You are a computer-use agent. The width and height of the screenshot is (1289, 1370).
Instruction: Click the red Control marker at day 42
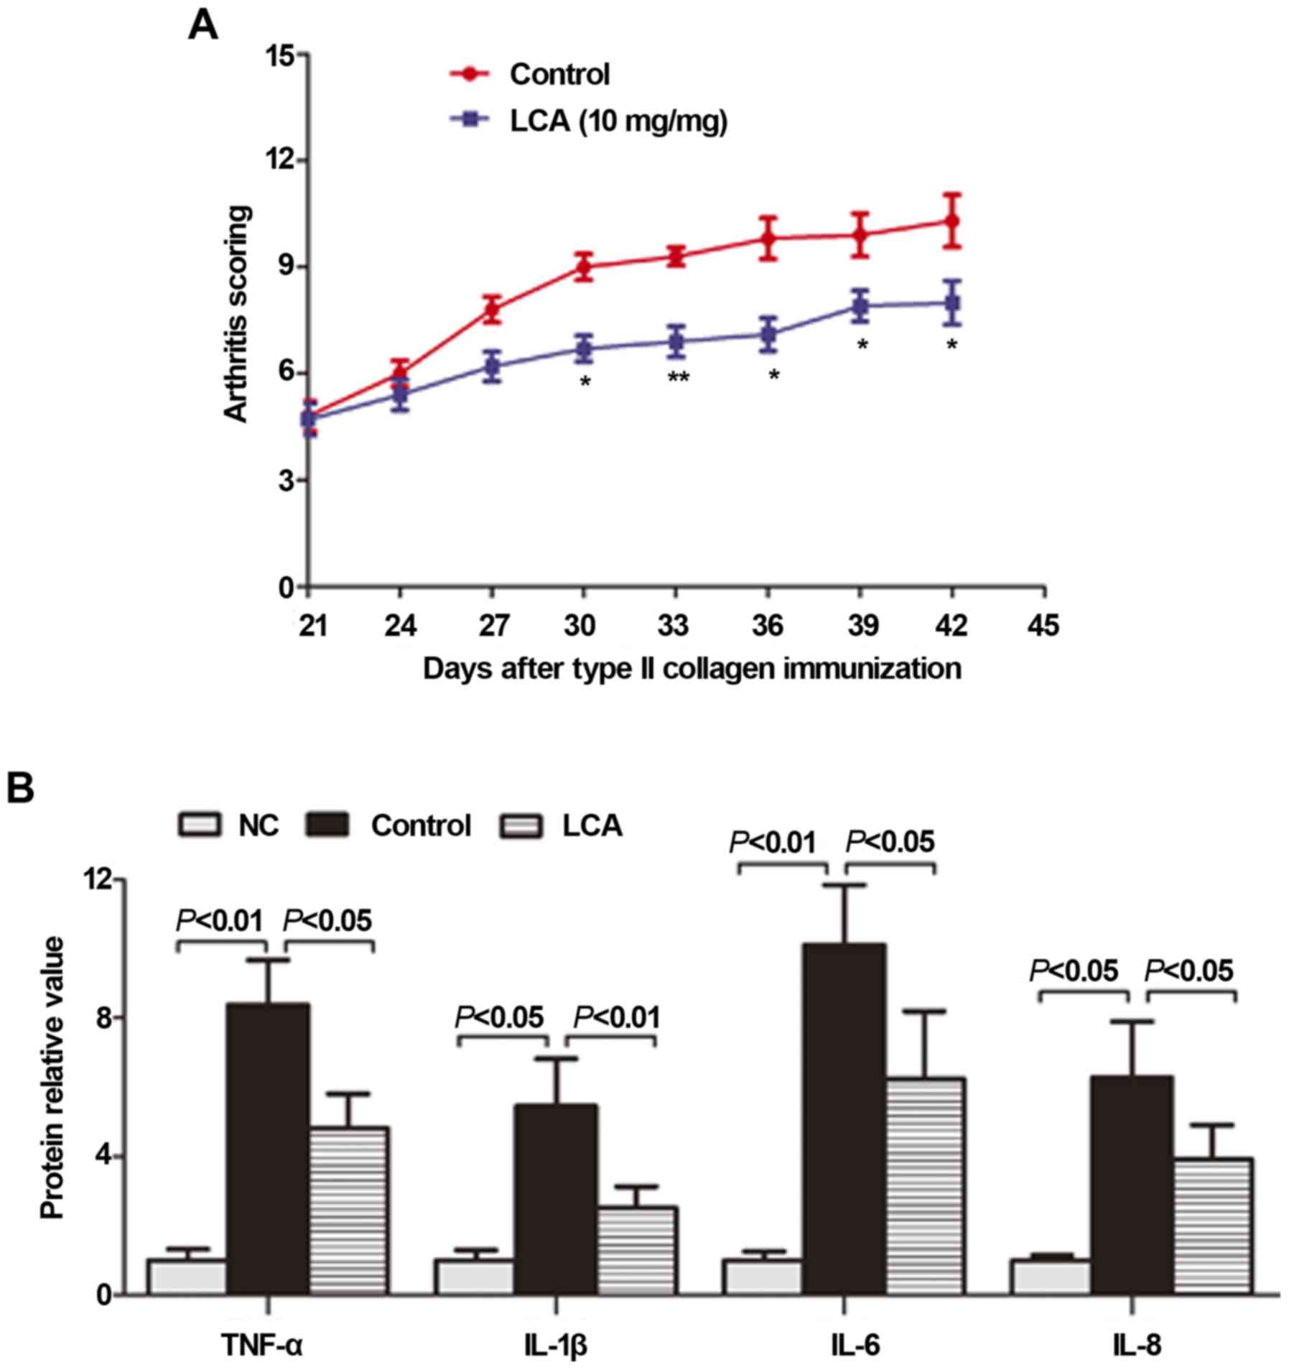[x=952, y=221]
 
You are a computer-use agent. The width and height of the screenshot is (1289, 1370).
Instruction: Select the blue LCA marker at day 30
[x=584, y=350]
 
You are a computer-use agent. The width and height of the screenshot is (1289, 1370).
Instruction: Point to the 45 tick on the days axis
[x=1043, y=626]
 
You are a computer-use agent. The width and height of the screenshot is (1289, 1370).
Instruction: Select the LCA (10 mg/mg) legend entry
[x=618, y=121]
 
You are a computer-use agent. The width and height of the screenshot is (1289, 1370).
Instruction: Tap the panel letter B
[x=22, y=790]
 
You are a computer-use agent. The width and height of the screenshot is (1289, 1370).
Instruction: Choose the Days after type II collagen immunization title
[x=692, y=668]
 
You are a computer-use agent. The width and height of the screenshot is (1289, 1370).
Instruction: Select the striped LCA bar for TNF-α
[x=349, y=1210]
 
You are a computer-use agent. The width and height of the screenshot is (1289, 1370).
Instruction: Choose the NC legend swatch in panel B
[x=200, y=825]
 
